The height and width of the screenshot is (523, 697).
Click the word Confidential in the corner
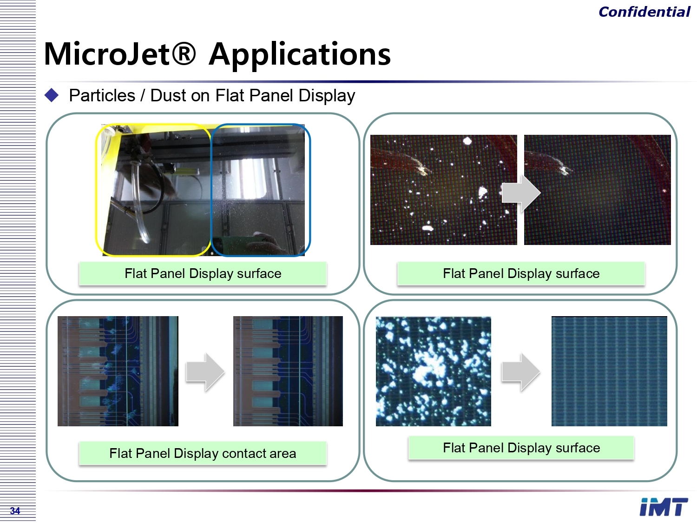(644, 12)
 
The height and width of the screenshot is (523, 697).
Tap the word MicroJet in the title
(107, 54)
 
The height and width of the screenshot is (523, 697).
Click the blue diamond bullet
(52, 95)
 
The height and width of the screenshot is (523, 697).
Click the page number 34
(15, 510)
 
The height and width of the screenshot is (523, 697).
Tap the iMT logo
(664, 507)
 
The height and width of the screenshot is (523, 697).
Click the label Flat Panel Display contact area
(203, 453)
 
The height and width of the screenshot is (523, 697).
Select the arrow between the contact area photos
(205, 372)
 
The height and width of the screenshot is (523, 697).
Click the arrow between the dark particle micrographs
(521, 193)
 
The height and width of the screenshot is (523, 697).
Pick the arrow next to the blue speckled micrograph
(521, 372)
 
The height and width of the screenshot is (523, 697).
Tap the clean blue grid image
(609, 371)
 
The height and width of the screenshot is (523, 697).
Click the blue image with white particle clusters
(434, 371)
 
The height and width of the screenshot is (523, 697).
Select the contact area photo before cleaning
(118, 371)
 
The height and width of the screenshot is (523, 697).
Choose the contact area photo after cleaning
(288, 371)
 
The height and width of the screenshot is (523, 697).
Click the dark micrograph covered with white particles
(444, 190)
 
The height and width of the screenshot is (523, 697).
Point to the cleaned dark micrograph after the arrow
(597, 190)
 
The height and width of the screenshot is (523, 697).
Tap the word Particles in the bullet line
(102, 96)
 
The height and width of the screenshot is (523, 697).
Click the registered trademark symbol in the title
(184, 53)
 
